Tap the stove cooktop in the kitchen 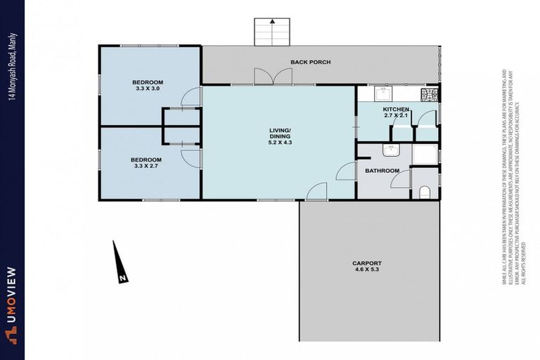(429, 94)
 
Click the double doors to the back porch (272, 77)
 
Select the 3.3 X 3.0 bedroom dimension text (148, 89)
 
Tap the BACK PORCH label (310, 63)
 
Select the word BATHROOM (382, 171)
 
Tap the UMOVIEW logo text (12, 302)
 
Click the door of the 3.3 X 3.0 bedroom (191, 98)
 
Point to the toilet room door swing (401, 179)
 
